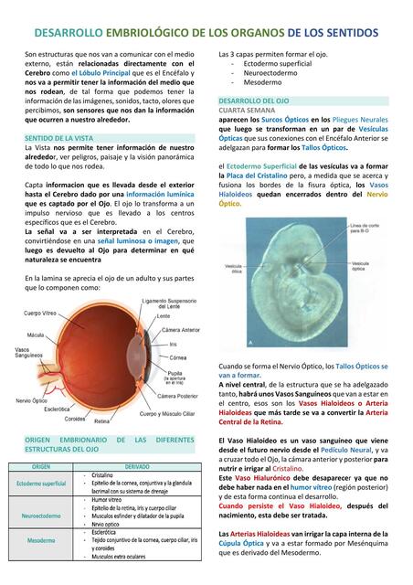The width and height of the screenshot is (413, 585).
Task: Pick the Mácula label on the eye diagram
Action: coord(37,335)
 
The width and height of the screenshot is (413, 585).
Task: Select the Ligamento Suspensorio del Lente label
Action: coord(170,304)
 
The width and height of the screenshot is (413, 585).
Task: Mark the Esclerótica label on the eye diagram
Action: coord(57,409)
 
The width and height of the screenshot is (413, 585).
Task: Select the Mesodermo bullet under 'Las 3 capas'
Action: coord(265,82)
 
